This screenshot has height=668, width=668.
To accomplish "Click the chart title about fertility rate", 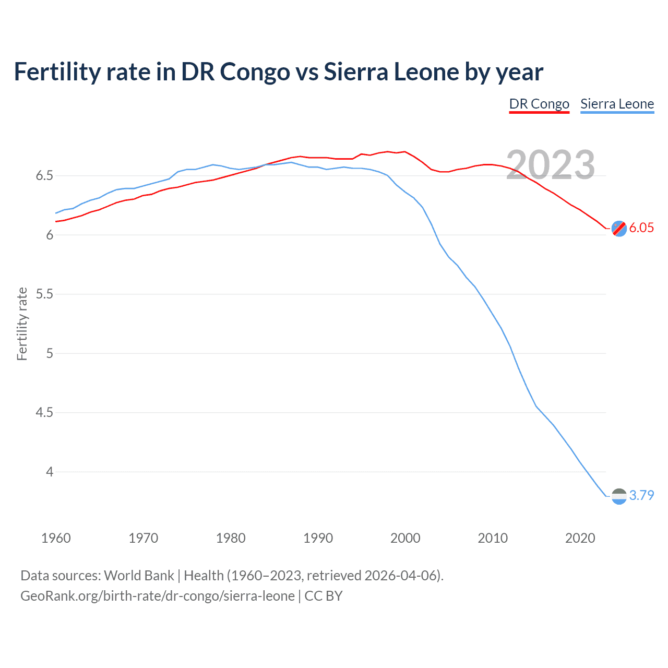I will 278,72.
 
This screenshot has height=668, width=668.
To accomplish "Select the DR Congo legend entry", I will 539,104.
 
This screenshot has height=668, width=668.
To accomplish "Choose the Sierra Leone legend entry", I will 617,104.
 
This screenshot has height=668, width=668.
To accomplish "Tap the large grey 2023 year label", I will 551,165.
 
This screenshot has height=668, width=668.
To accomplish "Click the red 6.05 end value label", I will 641,228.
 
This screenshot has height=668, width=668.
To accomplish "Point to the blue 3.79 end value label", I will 641,495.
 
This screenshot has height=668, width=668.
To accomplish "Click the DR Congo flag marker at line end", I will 619,228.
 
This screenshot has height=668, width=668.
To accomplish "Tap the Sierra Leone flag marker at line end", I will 619,496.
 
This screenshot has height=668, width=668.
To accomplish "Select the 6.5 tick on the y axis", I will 44,176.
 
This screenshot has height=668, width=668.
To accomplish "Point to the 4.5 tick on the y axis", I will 44,413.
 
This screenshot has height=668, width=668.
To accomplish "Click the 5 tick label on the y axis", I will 50,353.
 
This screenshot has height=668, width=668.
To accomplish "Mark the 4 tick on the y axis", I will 50,472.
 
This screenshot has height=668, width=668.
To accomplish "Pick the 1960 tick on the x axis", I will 56,538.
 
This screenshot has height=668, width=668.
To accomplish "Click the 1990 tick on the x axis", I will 318,538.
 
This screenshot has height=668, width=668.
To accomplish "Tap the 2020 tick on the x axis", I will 580,538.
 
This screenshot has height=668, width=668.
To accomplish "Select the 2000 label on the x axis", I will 405,538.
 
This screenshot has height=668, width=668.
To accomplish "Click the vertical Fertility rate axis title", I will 22,324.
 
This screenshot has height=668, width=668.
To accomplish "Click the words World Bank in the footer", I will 139,576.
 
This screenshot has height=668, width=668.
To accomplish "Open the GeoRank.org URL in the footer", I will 157,596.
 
